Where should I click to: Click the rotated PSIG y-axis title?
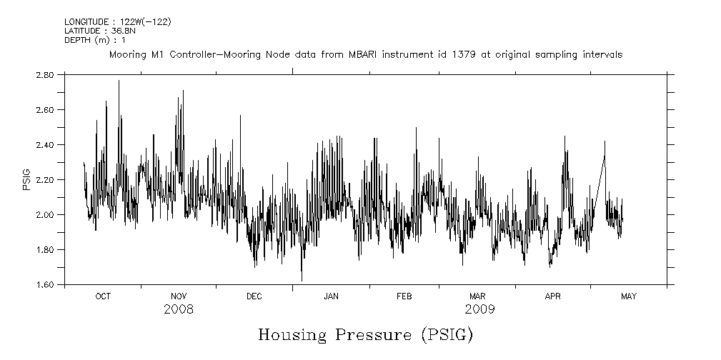26,179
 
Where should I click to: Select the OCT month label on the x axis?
103,296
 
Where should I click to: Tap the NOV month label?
179,296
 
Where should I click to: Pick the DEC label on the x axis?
254,296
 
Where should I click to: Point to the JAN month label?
331,296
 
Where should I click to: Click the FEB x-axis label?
404,296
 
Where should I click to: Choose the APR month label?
553,296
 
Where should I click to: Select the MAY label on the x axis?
629,296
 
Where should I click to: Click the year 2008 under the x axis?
179,310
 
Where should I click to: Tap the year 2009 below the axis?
479,310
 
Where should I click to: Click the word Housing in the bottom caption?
292,335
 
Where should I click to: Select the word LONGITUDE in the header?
86,22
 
